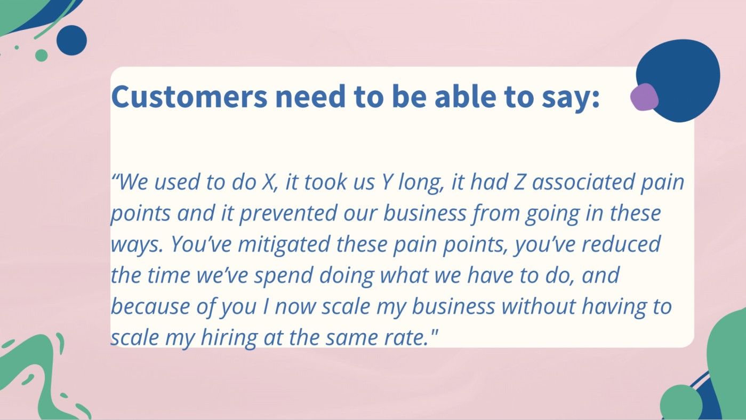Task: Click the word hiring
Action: pos(226,338)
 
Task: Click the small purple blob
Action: pos(644,97)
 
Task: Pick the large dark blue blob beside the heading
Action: pos(683,75)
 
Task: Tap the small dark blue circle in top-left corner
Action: pos(71,40)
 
